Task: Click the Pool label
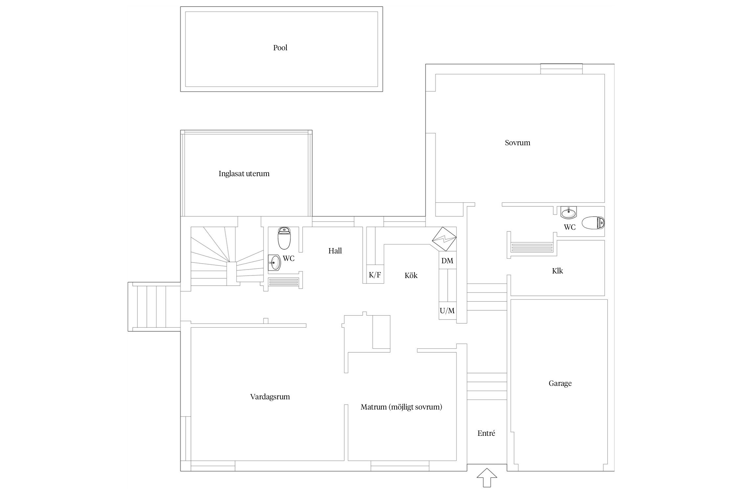point(280,48)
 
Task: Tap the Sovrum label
point(518,143)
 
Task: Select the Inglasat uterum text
point(244,174)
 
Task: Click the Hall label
point(335,251)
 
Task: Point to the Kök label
point(411,275)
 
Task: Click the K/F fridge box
point(375,274)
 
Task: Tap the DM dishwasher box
point(447,261)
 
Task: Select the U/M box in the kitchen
point(447,311)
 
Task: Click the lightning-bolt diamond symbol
point(444,239)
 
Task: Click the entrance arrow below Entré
point(487,477)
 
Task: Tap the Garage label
point(560,383)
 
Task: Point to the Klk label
point(557,271)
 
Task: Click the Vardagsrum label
point(270,397)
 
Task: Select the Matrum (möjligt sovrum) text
point(401,407)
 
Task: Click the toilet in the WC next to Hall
point(284,238)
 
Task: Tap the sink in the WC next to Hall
point(274,263)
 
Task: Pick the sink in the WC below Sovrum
point(569,213)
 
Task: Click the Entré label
point(486,433)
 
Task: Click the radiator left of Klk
point(532,247)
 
